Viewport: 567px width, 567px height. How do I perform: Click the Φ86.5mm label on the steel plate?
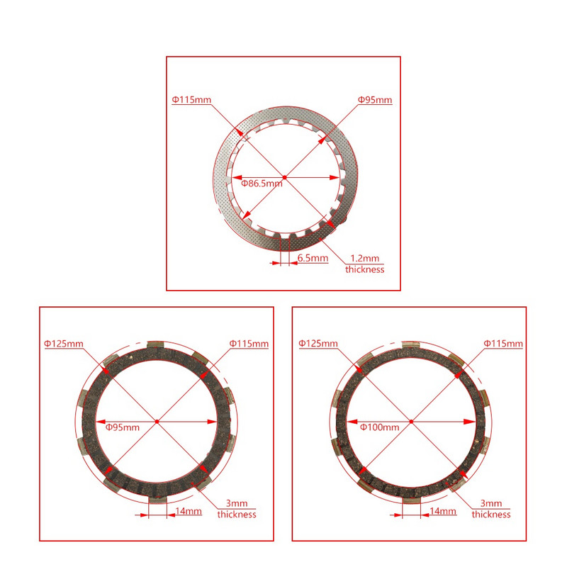262,183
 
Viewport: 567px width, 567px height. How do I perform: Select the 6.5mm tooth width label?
313,259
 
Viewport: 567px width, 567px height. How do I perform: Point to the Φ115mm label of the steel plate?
191,100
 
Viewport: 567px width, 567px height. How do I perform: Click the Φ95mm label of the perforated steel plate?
375,100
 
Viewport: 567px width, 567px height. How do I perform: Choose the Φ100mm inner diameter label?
379,427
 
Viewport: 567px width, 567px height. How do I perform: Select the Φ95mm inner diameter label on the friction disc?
123,427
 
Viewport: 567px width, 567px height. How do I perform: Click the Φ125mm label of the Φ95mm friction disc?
64,344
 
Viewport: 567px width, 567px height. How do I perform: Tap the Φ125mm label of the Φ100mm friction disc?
318,344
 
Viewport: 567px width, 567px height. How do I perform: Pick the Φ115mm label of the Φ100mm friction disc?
503,344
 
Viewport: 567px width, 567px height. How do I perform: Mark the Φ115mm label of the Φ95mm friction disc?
249,344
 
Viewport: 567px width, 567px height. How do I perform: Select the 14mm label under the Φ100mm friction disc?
443,511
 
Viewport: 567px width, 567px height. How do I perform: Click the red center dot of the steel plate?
283,177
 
